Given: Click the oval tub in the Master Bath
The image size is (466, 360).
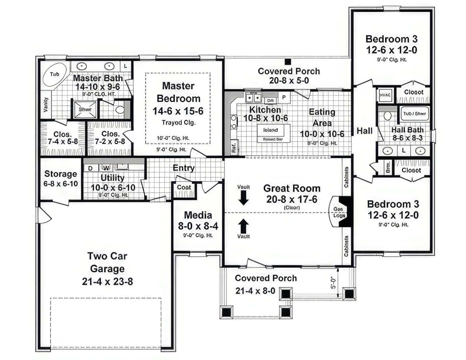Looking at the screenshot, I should click(x=55, y=75).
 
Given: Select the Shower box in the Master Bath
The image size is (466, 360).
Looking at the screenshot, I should click(x=85, y=110).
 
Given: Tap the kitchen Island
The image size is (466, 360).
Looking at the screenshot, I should click(x=271, y=130).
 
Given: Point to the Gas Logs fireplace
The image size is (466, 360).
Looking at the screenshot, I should click(x=339, y=212).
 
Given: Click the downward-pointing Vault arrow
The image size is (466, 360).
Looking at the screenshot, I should click(x=243, y=198).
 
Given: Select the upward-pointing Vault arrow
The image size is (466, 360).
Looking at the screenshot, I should click(x=243, y=226).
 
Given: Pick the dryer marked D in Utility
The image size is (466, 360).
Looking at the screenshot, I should click(x=90, y=168).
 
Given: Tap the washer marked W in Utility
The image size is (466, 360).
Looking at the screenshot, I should click(x=106, y=168).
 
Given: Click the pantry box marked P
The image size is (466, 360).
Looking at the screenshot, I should click(x=284, y=97).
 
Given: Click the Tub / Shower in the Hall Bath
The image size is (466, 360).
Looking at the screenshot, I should click(x=414, y=114).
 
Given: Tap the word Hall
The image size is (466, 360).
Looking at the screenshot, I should click(x=364, y=131).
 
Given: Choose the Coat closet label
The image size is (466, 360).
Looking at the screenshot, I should click(x=184, y=187).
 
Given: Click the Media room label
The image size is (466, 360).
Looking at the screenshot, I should click(x=198, y=215).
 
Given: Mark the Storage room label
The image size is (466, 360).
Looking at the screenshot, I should click(x=61, y=174).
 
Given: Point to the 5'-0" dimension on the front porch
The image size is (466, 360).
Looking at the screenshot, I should click(x=333, y=283).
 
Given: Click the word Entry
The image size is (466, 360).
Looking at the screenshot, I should click(x=184, y=168).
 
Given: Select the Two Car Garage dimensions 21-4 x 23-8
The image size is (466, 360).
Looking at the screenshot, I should click(x=107, y=281).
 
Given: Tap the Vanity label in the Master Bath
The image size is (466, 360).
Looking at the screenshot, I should click(x=46, y=105).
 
